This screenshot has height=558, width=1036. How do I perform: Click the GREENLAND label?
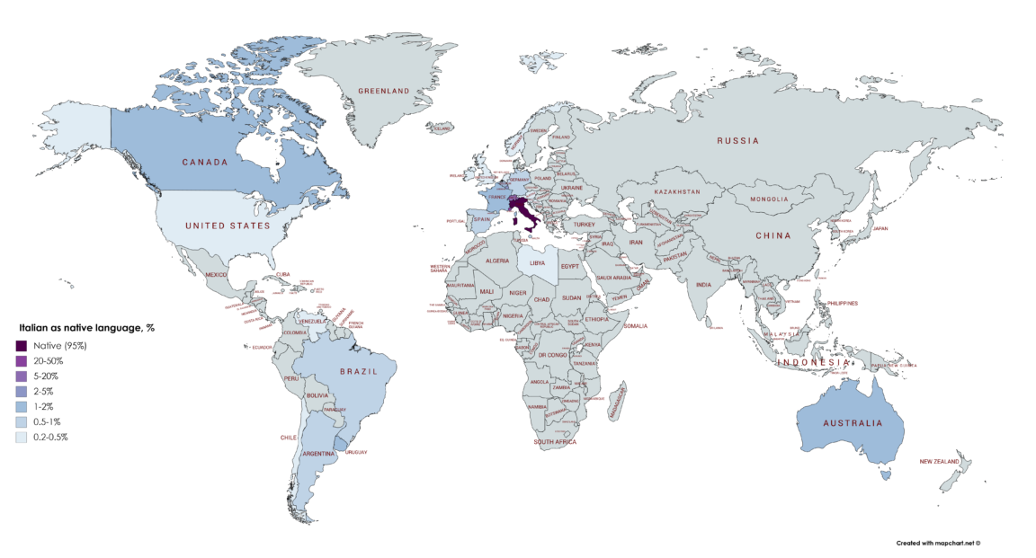[x=384, y=91]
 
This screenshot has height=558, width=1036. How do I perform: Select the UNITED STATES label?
[x=228, y=226]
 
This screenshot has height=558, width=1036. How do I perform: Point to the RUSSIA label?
[x=737, y=141]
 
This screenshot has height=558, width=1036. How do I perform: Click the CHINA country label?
[x=773, y=236]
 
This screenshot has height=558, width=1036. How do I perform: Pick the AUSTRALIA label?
[x=849, y=422]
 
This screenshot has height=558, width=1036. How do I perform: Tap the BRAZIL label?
[x=357, y=371]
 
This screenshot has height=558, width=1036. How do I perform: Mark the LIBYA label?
[x=537, y=263]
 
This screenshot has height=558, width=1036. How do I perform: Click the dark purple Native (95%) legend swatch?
[x=22, y=345]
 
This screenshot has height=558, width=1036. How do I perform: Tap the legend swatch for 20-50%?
[x=22, y=360]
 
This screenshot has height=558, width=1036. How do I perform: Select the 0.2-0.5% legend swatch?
[x=22, y=437]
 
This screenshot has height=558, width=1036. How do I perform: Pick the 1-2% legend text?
[x=43, y=406]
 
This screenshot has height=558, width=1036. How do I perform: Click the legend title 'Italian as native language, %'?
[x=86, y=328]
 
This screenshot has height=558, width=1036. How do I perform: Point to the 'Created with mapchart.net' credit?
[x=937, y=543]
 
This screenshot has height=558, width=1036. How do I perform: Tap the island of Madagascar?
[x=617, y=399]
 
